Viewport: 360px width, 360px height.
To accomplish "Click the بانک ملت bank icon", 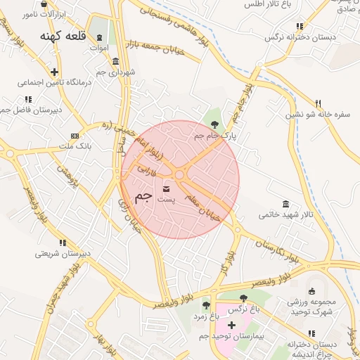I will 75,134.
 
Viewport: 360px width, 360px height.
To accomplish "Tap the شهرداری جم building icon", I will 115,61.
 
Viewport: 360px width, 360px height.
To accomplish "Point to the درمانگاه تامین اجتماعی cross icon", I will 55,71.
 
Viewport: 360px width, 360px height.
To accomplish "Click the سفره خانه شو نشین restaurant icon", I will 318,103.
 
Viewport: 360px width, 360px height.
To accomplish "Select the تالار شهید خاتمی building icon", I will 285,203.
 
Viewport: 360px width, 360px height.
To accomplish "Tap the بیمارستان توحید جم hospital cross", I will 231,325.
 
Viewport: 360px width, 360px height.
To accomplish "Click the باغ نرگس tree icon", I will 243,298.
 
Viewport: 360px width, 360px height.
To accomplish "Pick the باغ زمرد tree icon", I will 206,305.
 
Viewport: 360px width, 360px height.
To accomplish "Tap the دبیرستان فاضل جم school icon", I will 27,100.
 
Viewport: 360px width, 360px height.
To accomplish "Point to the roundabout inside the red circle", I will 180,174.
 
